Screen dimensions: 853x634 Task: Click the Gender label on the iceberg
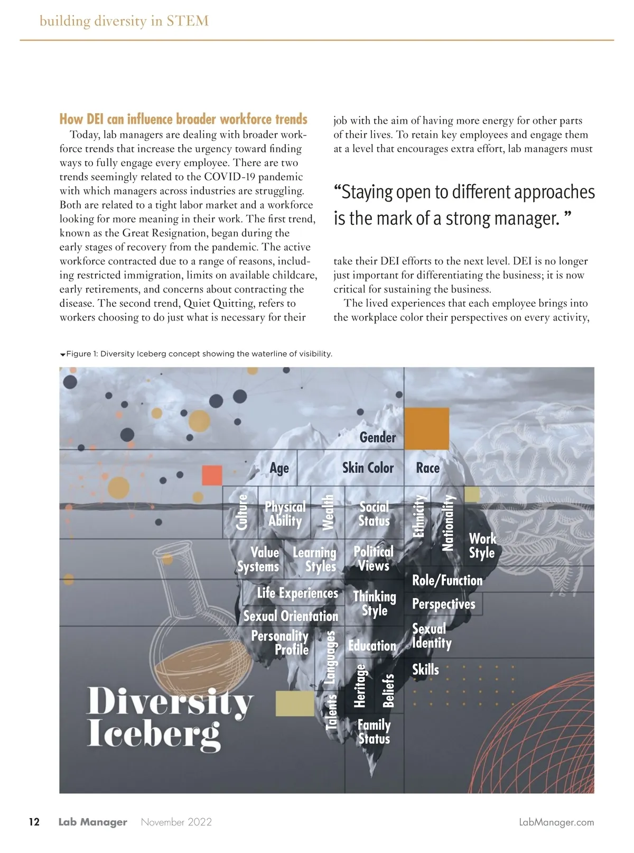pos(377,437)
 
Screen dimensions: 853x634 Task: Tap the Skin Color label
pos(368,468)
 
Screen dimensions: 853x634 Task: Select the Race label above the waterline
pos(427,468)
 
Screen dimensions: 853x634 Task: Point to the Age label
pos(279,469)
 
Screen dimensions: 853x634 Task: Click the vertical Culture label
pos(242,511)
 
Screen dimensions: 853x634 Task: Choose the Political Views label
pos(374,558)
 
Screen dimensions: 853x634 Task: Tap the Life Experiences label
pos(297,593)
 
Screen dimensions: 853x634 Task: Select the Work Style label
pos(482,546)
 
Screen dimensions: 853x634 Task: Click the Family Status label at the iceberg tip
pos(374,732)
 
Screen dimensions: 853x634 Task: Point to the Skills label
pos(425,669)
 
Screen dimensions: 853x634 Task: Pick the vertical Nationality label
pos(447,522)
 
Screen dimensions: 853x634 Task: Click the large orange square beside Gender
pos(426,428)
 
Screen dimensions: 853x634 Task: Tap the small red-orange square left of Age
pos(212,475)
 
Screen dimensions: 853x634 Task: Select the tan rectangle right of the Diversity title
pos(295,703)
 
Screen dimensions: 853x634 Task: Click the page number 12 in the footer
pos(34,822)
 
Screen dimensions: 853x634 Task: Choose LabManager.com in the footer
pos(556,822)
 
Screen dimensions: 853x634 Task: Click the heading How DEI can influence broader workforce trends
pos(183,119)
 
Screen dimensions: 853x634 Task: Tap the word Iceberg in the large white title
pos(153,733)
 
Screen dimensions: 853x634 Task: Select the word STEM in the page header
pos(188,21)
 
